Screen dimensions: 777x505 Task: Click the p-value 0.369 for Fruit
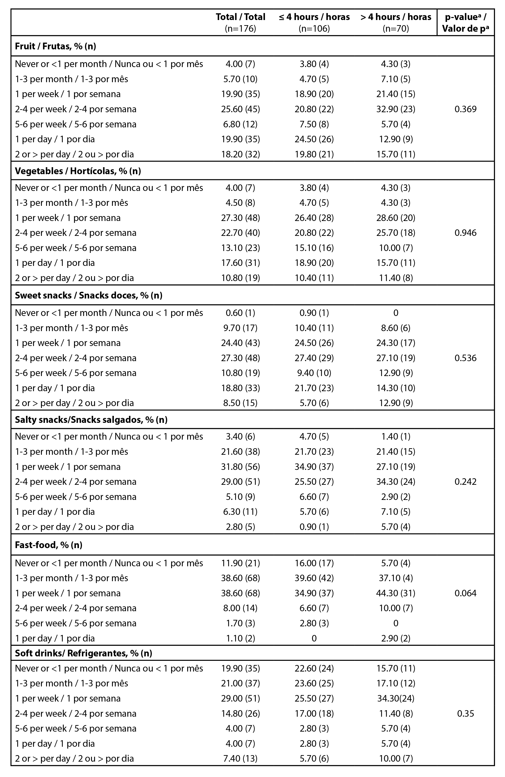click(x=465, y=109)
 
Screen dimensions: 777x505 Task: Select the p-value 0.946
click(x=465, y=233)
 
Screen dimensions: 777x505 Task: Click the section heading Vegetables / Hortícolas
click(x=78, y=171)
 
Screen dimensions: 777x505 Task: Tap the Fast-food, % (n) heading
click(x=48, y=545)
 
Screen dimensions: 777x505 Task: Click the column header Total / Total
click(x=240, y=17)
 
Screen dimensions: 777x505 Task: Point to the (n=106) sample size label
click(x=314, y=29)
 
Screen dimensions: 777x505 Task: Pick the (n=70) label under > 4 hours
click(x=396, y=29)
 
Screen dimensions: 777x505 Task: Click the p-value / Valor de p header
click(x=465, y=23)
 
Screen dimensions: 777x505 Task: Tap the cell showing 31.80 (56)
click(x=240, y=467)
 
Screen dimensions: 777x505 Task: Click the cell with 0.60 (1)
click(x=240, y=313)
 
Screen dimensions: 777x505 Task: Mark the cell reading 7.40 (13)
click(x=240, y=758)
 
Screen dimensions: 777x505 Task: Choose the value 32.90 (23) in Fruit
click(x=396, y=109)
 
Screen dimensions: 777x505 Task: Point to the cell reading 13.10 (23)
click(x=240, y=248)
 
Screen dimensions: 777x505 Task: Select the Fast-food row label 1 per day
click(x=55, y=638)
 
